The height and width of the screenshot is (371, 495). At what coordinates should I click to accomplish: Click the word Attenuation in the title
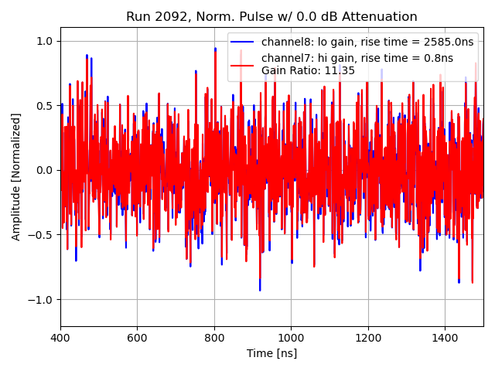(376, 17)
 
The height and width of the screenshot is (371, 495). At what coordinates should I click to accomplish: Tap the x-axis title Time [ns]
(271, 354)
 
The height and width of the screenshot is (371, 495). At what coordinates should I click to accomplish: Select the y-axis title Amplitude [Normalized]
(16, 176)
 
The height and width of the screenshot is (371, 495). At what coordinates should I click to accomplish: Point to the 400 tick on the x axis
(60, 338)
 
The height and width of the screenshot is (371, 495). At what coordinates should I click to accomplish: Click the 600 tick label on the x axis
(137, 338)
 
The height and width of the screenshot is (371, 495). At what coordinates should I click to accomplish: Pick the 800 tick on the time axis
(214, 338)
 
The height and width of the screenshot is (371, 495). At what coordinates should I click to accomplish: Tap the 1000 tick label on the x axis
(291, 338)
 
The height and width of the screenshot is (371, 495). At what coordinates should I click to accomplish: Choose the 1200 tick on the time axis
(368, 338)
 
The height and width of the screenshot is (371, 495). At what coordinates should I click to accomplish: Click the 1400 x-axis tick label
(445, 338)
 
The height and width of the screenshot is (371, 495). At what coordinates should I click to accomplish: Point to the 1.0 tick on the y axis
(45, 41)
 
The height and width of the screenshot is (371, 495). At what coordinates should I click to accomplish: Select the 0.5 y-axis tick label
(45, 106)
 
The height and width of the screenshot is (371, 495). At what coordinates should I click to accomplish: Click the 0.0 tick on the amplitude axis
(45, 170)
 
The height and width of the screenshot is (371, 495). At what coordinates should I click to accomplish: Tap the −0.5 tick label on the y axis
(42, 235)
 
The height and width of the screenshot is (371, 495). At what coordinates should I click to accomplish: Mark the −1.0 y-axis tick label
(42, 299)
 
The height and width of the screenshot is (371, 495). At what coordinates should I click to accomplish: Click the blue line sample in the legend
(243, 42)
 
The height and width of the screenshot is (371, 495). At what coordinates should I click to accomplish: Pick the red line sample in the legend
(243, 64)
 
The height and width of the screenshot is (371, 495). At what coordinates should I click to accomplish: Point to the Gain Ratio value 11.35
(341, 70)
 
